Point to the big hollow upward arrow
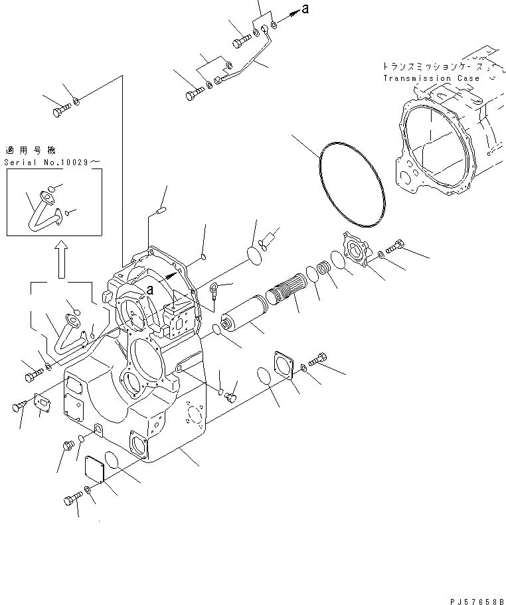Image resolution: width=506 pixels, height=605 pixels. click(x=61, y=259)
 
